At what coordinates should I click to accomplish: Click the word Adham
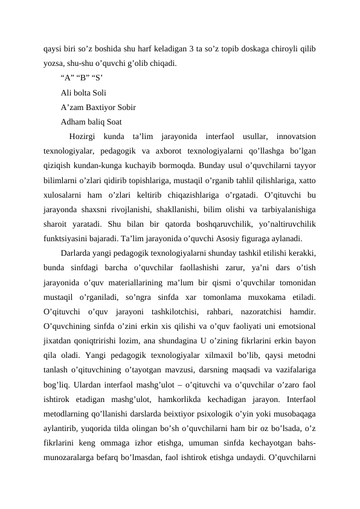(72, 122)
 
